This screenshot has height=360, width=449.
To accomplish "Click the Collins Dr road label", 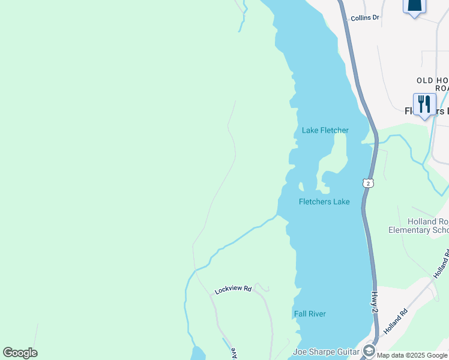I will click(365, 18).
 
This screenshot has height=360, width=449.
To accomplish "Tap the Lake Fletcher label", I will click(325, 130).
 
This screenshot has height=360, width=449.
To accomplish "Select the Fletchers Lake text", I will click(324, 202).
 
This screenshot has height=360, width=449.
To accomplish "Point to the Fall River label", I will click(310, 314).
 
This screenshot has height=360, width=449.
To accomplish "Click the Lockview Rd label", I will click(232, 289).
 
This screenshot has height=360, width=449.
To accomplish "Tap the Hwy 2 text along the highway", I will click(374, 300).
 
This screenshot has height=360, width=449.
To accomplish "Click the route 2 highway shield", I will click(368, 182).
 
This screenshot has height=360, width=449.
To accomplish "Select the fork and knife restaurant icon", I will click(424, 104).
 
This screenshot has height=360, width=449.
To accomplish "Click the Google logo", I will click(20, 353).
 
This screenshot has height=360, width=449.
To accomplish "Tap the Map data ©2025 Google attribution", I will click(412, 355).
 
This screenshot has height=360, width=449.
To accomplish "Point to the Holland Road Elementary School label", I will click(419, 226).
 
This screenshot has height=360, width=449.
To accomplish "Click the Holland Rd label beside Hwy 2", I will click(396, 322).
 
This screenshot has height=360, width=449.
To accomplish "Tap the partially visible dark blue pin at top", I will click(414, 6).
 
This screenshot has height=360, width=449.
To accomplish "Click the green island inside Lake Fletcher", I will click(334, 159).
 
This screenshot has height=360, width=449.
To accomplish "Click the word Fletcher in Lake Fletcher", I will click(334, 130).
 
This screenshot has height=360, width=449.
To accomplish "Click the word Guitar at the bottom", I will click(345, 352).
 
